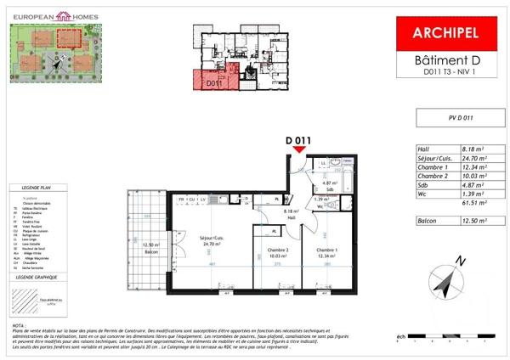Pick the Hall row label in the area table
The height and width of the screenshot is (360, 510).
[422, 149]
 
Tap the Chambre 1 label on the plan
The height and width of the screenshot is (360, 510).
[328, 250]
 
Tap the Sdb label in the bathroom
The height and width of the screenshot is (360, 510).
[326, 188]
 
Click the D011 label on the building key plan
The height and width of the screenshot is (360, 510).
[213, 83]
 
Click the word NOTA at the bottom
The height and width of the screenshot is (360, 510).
[19, 324]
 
